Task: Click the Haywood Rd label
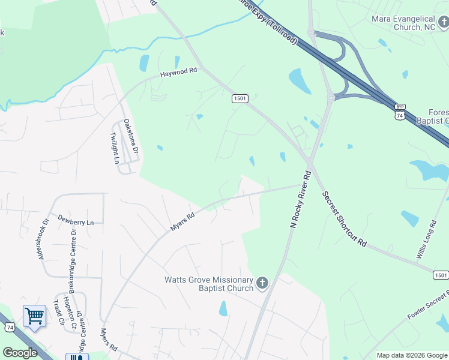[x=178, y=72]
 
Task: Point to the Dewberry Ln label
[x=76, y=220]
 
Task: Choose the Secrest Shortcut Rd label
[x=344, y=220]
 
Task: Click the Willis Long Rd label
[x=426, y=240]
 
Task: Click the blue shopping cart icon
[x=34, y=316]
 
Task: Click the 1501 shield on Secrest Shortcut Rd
[x=441, y=275]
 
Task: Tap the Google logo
[x=20, y=353]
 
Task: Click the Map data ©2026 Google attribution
[x=412, y=355]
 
